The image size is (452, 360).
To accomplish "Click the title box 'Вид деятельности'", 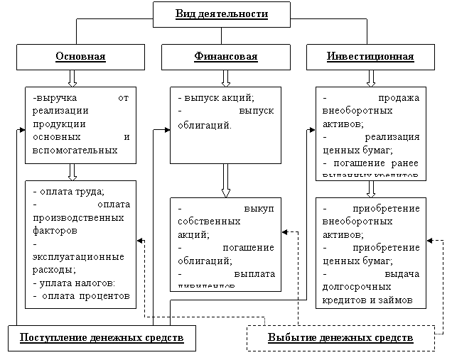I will pyautogui.click(x=221, y=14).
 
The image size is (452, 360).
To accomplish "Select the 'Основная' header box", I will pyautogui.click(x=80, y=57).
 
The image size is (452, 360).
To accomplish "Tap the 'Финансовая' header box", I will pyautogui.click(x=225, y=57).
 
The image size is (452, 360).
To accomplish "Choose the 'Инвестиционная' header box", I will pyautogui.click(x=370, y=57).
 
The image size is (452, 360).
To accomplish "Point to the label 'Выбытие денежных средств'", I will pyautogui.click(x=340, y=337).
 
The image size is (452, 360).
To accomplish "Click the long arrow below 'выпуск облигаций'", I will pyautogui.click(x=225, y=181).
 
